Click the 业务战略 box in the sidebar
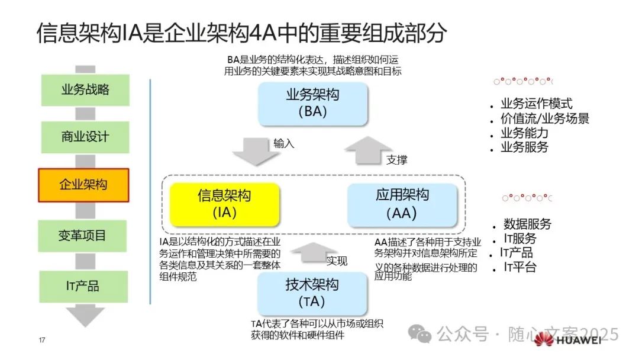(85, 90)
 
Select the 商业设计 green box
(85, 137)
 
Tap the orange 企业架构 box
(83, 185)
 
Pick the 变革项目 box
(83, 235)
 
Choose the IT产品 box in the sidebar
(83, 287)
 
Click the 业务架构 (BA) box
(312, 103)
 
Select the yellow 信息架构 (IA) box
(224, 205)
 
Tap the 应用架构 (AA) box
(402, 204)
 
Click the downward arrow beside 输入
(255, 152)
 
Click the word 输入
(283, 144)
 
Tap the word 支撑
(397, 160)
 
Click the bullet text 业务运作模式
(536, 104)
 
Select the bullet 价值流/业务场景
(544, 118)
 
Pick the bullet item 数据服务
(527, 224)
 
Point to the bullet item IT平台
(520, 267)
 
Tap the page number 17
(42, 340)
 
